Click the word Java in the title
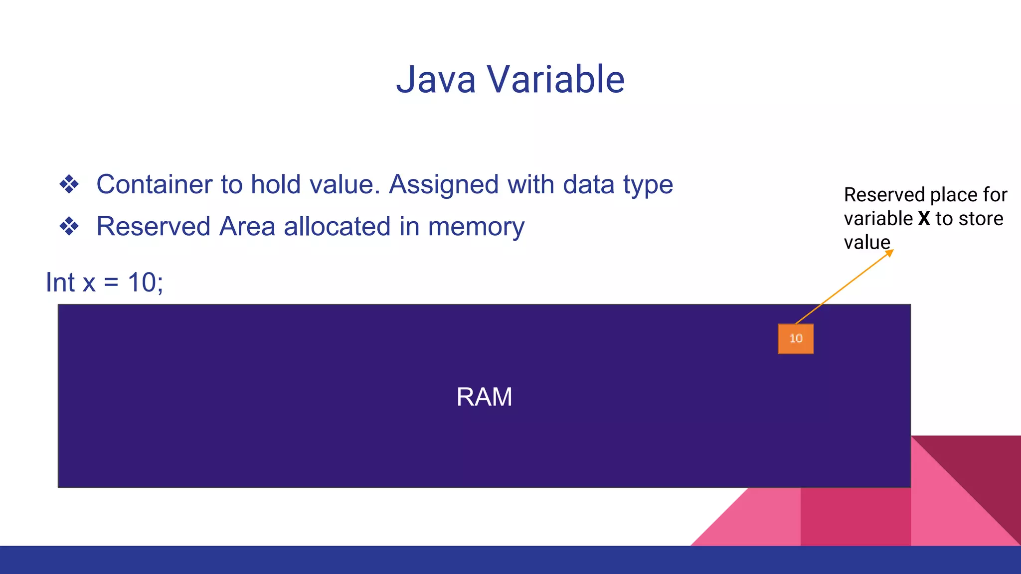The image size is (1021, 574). [x=436, y=80]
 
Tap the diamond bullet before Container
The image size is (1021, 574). [x=69, y=184]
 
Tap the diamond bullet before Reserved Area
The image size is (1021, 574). [x=69, y=226]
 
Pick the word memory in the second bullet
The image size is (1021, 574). [x=476, y=227]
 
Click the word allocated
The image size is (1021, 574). [x=337, y=226]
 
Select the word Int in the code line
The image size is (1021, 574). [x=60, y=283]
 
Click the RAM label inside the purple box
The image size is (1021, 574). [x=484, y=397]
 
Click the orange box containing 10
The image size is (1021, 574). [x=795, y=339]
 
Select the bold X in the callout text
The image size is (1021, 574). [x=924, y=219]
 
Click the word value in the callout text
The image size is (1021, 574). [x=866, y=243]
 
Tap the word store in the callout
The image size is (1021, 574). [x=981, y=219]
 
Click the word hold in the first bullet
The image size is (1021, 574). [x=276, y=184]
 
